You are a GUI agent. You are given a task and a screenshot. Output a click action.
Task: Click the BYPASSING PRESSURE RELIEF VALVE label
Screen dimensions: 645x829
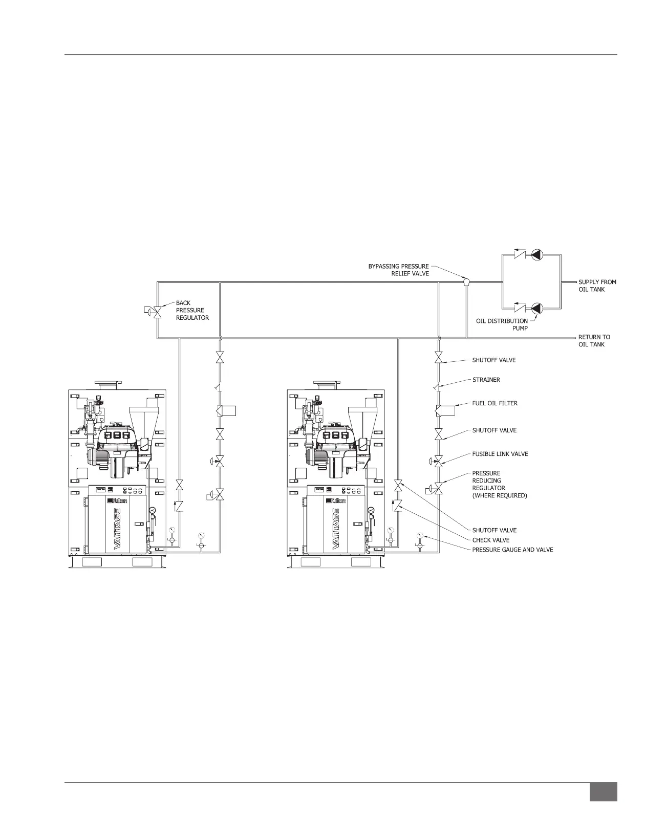[398, 270]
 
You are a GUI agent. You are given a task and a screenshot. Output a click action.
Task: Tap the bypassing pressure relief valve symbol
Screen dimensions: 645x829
[466, 282]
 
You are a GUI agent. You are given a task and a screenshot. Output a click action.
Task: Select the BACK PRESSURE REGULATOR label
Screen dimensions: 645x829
[192, 310]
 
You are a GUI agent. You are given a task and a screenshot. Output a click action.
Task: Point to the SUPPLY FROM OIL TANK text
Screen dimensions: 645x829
[597, 286]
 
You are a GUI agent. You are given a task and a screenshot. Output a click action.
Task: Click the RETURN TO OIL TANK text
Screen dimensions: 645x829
[594, 341]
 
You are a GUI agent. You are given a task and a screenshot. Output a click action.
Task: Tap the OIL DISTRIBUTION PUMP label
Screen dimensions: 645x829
[502, 324]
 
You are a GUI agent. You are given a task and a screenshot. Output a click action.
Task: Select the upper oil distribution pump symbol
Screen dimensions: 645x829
[537, 254]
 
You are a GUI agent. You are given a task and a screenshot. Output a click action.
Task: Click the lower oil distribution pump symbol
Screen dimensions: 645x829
[537, 308]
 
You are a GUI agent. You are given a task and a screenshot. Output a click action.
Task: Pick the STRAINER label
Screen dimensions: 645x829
[486, 380]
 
